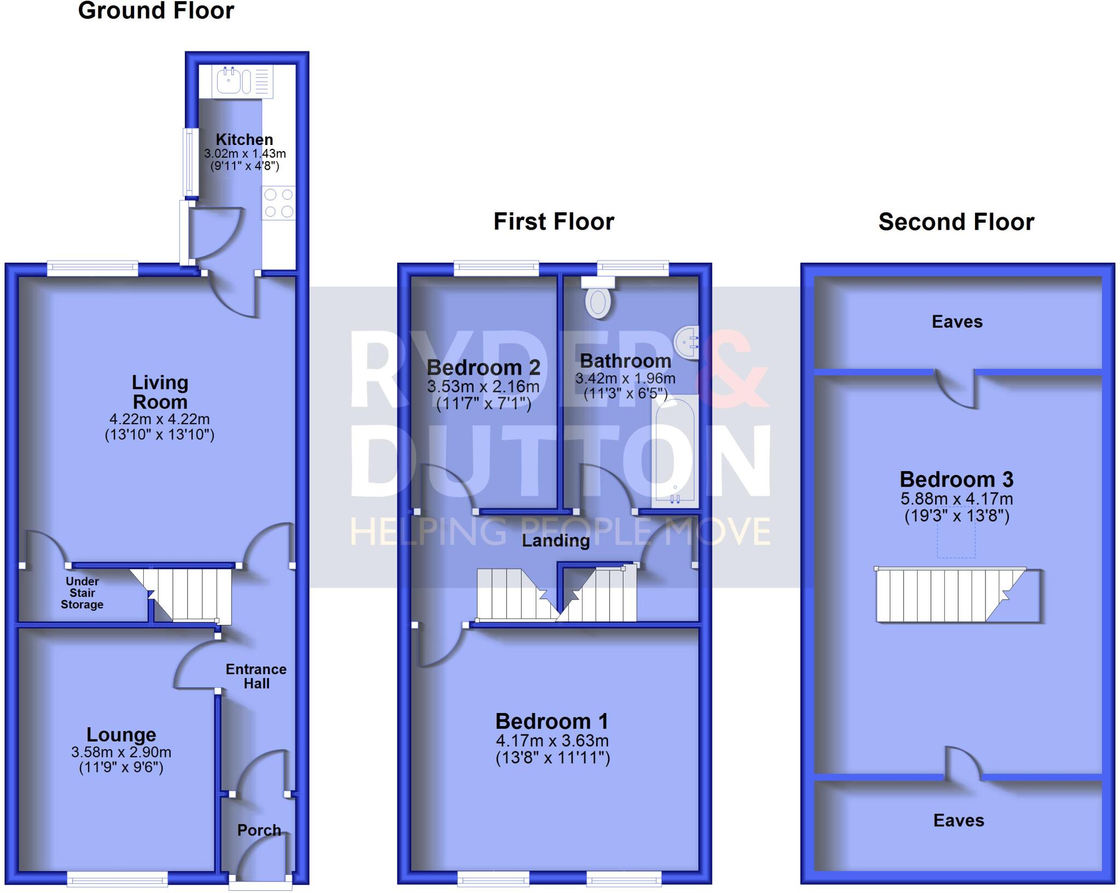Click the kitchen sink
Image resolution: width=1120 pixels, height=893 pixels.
229,82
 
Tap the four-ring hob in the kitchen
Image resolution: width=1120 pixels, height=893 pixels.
278,203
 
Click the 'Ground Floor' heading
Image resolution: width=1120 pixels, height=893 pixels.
156,11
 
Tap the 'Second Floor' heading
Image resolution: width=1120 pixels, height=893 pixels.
956,222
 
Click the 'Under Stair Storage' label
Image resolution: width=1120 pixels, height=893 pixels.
82,593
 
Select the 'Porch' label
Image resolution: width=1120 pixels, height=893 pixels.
259,830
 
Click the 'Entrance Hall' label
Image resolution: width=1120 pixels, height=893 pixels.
256,676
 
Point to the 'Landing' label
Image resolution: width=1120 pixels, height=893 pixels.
556,541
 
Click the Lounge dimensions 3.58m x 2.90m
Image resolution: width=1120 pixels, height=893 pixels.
121,752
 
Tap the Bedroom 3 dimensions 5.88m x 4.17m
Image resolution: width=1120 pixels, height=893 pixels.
956,499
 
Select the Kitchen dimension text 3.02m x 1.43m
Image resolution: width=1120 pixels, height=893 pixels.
244,154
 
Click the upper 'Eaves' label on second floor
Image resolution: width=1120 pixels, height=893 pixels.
957,322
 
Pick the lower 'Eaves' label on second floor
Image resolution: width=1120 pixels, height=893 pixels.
958,820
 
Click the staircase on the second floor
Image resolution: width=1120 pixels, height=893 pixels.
952,595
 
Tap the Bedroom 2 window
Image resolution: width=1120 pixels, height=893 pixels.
497,268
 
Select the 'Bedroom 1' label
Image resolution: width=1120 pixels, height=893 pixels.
552,721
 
